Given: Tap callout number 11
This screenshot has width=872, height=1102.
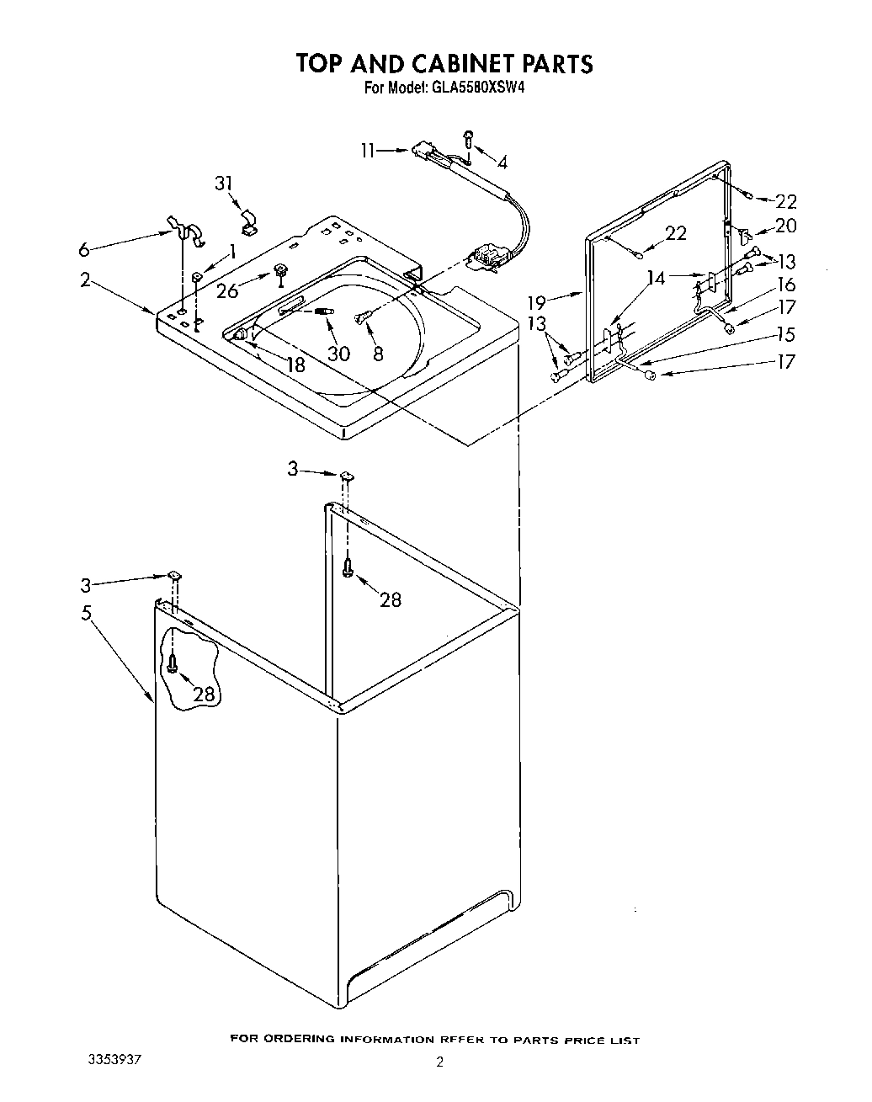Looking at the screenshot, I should pos(368,151).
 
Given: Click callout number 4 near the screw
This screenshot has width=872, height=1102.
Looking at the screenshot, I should pos(502,162).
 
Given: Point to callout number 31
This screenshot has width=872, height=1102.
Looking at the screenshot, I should pos(223,184).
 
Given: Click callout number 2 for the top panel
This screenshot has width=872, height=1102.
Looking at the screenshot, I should pos(85,280).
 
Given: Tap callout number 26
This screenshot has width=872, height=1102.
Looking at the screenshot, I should pos(227,292).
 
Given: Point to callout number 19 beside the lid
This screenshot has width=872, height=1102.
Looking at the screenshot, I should pos(537,300).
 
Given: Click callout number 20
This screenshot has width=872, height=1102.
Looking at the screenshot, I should pos(786,226).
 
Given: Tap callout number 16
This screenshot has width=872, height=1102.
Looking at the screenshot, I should pos(786,285).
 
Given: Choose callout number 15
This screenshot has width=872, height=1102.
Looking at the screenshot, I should pos(786,334).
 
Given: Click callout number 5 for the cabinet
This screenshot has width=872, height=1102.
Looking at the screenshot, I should pos(86,613).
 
